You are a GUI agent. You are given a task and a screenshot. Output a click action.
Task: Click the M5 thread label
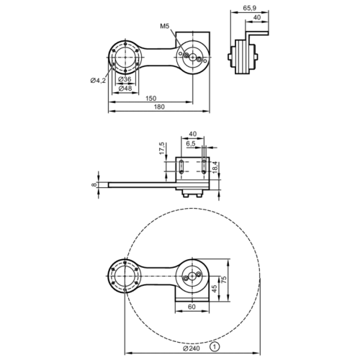[165, 26]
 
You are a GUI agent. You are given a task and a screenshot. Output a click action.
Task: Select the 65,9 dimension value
[250, 8]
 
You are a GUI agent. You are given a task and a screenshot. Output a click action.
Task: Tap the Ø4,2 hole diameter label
[98, 81]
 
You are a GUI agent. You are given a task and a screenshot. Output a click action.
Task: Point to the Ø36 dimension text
[125, 79]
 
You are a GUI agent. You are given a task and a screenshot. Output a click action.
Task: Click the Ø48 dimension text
[125, 88]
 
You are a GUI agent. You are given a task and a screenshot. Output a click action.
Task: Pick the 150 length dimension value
[150, 98]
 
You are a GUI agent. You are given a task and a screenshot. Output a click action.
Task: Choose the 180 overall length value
[159, 107]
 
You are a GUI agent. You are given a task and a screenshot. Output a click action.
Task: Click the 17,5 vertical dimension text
[162, 148]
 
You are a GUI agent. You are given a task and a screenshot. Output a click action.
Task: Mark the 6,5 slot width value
[191, 143]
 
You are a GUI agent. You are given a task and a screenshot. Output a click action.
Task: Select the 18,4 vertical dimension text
[215, 167]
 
